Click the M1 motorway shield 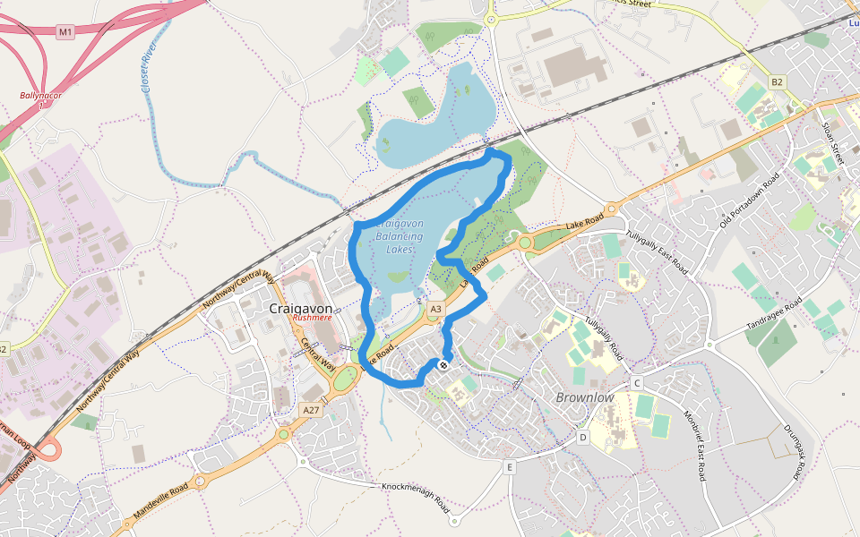(x=64, y=32)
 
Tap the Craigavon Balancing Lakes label (x=399, y=235)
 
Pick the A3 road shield (x=435, y=309)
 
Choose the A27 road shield (x=311, y=410)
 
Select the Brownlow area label (x=585, y=396)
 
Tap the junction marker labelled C (x=637, y=383)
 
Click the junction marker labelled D (x=582, y=437)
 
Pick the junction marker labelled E (x=510, y=467)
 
